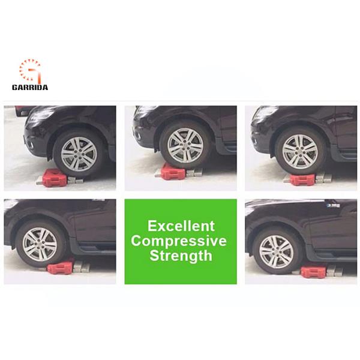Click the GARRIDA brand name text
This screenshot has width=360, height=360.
(30, 88)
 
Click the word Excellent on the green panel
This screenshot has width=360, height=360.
(181, 226)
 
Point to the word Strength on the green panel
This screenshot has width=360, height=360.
(181, 256)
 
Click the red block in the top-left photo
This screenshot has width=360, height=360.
(53, 177)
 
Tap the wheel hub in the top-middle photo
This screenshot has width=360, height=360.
(185, 146)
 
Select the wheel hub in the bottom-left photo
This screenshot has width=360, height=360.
(40, 244)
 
